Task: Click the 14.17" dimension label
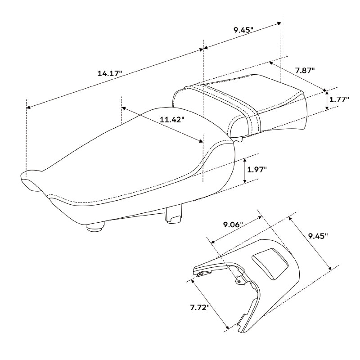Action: click(x=110, y=73)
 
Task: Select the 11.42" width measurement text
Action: click(x=172, y=120)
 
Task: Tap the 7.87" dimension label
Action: click(x=305, y=70)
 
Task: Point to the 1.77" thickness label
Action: click(x=339, y=100)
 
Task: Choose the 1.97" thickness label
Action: click(x=256, y=170)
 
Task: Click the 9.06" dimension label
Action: click(x=233, y=224)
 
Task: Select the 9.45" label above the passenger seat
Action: click(x=243, y=30)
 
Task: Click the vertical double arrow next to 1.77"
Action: click(x=327, y=100)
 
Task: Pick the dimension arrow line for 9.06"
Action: click(x=236, y=230)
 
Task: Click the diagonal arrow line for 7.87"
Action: click(x=297, y=76)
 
